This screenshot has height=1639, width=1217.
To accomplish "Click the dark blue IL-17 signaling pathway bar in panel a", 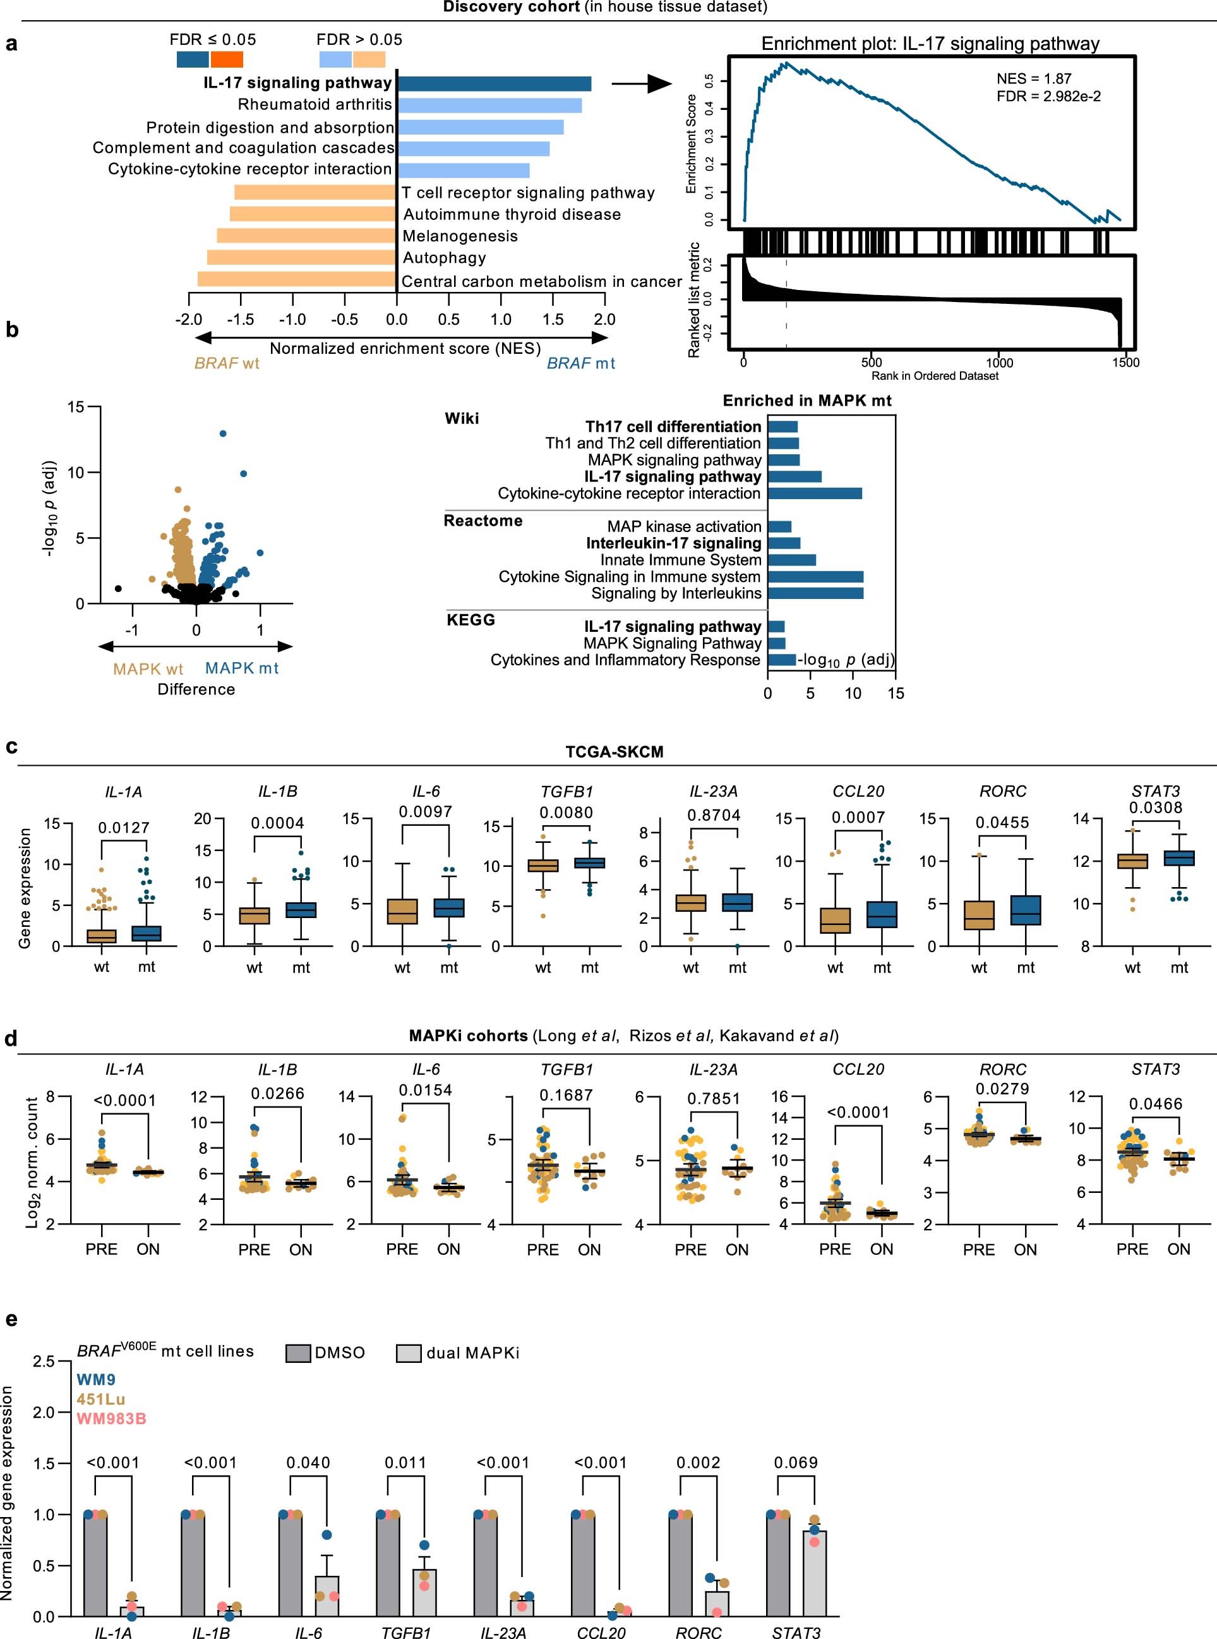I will (x=494, y=83).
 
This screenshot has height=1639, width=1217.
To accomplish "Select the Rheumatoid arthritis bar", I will (x=489, y=106).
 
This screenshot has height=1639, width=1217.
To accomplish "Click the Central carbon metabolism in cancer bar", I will (x=297, y=279).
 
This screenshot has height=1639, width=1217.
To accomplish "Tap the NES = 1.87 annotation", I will (x=1034, y=79).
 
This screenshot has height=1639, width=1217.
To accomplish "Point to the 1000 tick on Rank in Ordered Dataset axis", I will (x=999, y=363).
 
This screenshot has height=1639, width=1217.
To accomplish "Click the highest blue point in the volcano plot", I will (x=223, y=433).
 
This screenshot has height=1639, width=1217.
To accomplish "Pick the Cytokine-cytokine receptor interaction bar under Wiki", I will (x=815, y=493).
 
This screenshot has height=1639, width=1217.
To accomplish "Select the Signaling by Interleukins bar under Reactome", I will (x=815, y=593).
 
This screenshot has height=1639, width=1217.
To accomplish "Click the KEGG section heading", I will (x=471, y=620).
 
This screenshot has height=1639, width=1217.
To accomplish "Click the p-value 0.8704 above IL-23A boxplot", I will (x=713, y=815).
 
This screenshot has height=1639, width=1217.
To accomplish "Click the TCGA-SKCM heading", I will (x=614, y=752).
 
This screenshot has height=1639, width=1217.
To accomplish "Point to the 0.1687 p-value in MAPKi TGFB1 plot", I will (x=566, y=1095).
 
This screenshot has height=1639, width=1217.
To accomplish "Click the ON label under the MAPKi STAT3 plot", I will (x=1178, y=1249).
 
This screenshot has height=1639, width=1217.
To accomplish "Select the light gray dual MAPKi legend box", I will (x=409, y=1353).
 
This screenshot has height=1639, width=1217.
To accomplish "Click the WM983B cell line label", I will (x=111, y=1418).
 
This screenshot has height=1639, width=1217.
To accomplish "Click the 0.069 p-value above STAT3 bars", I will (x=796, y=1463).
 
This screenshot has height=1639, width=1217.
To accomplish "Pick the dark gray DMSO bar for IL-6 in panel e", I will (x=291, y=1566).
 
